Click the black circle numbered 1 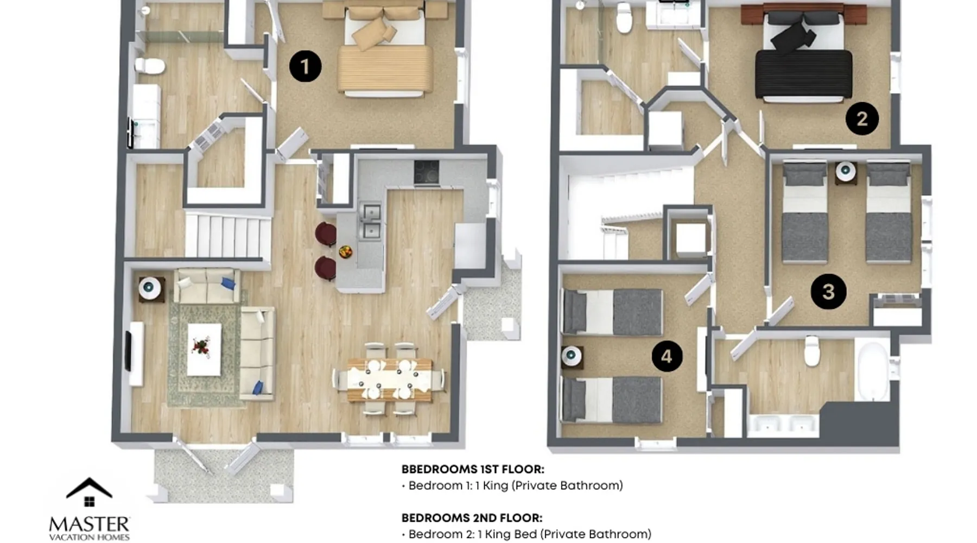tap(305, 66)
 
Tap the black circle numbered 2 tap(862, 118)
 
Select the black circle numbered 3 tap(828, 292)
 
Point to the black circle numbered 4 tap(667, 356)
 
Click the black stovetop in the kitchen tap(427, 173)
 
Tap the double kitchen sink tap(372, 222)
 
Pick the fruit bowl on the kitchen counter tap(345, 251)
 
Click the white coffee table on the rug tap(204, 349)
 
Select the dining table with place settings tap(390, 379)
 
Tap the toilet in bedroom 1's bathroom tap(149, 66)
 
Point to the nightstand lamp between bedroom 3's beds tap(845, 172)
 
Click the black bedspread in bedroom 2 tap(803, 74)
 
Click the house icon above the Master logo tap(89, 493)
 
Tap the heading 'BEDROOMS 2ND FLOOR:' tap(472, 518)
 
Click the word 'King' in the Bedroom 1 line tap(495, 485)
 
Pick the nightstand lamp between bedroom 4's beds tap(570, 356)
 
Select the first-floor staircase tap(228, 236)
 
